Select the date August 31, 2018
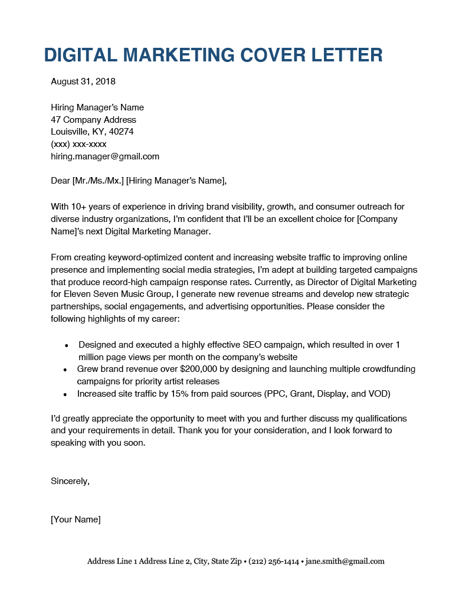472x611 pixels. pyautogui.click(x=83, y=81)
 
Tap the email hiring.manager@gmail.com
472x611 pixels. pyautogui.click(x=105, y=156)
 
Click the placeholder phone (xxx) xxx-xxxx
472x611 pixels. pyautogui.click(x=78, y=144)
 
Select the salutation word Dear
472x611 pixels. pyautogui.click(x=60, y=181)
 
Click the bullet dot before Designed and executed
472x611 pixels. pyautogui.click(x=67, y=345)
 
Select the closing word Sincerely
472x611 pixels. pyautogui.click(x=70, y=481)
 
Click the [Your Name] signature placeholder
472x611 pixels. pyautogui.click(x=76, y=519)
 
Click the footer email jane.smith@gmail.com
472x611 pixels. pyautogui.click(x=345, y=561)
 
